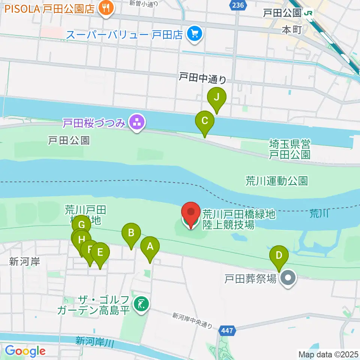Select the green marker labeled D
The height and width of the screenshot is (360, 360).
[x=279, y=256]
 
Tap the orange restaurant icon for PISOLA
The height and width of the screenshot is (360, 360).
[x=106, y=9]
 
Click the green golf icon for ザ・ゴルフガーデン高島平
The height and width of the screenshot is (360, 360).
[x=141, y=303]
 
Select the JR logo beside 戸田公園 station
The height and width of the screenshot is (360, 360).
[x=309, y=13]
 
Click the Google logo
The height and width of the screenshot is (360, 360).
[x=25, y=351]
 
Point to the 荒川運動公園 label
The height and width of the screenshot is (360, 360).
[x=276, y=181]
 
